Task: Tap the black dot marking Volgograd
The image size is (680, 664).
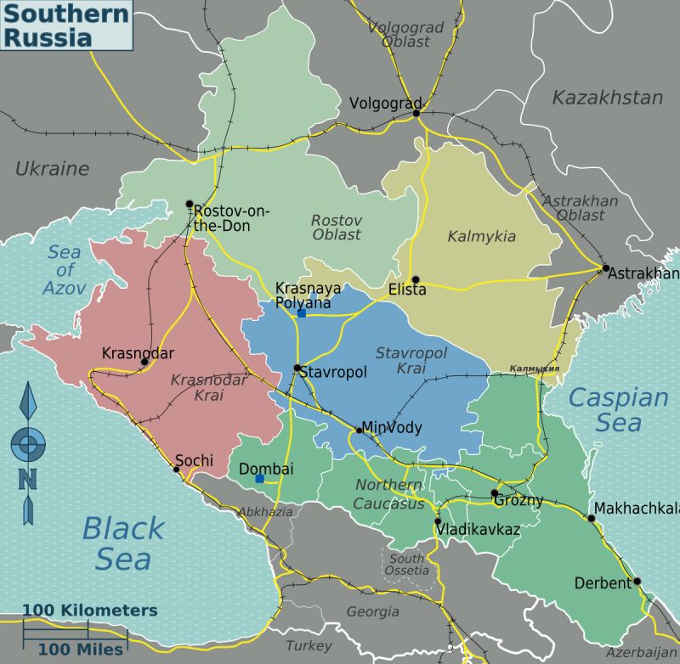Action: (x=416, y=113)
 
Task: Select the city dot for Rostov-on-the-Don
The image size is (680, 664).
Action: (x=190, y=203)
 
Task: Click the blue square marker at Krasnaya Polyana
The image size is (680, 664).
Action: (x=302, y=313)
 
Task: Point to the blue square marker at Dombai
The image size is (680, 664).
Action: (x=259, y=479)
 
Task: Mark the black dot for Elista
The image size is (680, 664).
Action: (x=416, y=279)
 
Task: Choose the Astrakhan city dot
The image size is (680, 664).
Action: (x=606, y=268)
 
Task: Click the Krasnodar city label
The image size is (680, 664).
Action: (x=138, y=352)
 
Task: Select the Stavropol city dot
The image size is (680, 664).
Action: (x=297, y=369)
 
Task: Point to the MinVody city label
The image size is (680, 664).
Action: (x=393, y=427)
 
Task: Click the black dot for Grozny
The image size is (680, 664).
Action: (x=494, y=492)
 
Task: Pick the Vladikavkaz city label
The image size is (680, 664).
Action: (x=477, y=529)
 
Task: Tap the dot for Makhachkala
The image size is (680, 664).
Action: (x=592, y=518)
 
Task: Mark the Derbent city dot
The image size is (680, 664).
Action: (x=637, y=582)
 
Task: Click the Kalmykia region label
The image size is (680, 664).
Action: (x=481, y=236)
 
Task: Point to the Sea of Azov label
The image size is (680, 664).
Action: (x=65, y=270)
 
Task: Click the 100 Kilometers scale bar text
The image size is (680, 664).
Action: (x=89, y=611)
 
